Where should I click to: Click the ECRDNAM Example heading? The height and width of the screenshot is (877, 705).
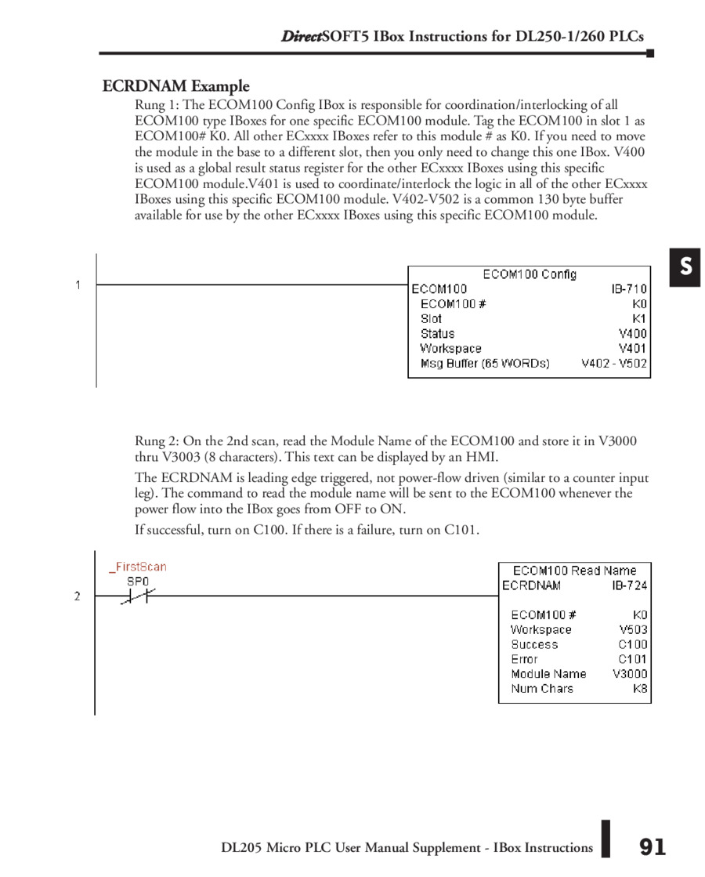175,86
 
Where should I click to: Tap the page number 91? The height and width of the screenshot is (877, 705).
652,847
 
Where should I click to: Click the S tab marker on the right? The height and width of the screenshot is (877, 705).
685,267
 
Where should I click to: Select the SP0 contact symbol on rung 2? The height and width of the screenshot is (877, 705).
138,596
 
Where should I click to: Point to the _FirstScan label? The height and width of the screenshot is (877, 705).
137,567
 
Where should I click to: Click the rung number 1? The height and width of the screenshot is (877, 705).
78,285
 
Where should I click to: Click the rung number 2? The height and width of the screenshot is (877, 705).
78,596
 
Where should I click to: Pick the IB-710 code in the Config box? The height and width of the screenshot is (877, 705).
629,289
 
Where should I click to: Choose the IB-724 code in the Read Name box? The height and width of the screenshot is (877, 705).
629,585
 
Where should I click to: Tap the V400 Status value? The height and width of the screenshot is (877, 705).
633,334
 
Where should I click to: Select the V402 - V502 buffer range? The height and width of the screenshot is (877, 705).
614,364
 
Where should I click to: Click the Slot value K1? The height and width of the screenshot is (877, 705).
640,319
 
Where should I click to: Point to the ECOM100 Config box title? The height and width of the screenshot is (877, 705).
530,274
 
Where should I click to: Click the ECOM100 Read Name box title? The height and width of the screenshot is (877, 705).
574,571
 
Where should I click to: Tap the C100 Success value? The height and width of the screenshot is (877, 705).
633,644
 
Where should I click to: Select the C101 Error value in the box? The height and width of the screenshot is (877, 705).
633,659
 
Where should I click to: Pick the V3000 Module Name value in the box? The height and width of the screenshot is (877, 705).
630,674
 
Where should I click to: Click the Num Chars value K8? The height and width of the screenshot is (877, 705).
640,689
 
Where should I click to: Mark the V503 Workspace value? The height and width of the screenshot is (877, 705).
633,629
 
